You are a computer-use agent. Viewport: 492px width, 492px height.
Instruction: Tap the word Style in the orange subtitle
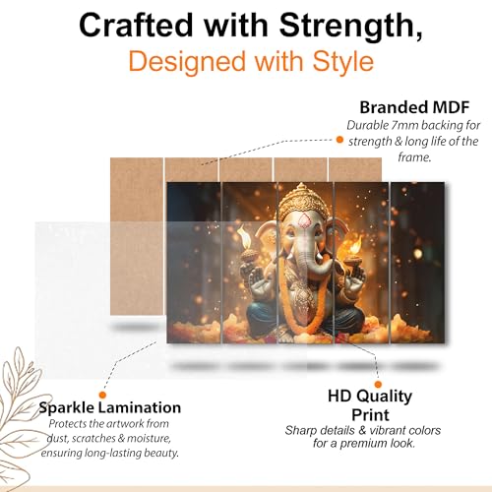(x=339, y=62)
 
